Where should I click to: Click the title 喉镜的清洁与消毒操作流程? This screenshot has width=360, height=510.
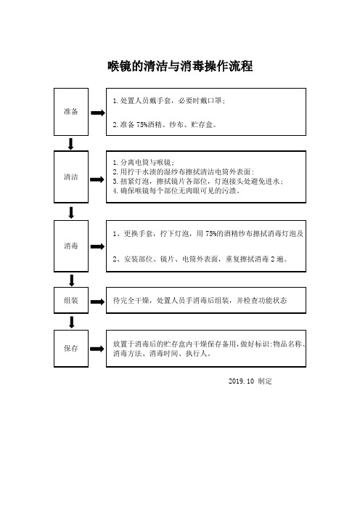[x=180, y=66]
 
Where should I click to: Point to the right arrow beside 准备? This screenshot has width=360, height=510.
[x=98, y=113]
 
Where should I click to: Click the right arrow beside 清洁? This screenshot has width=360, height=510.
[x=97, y=179]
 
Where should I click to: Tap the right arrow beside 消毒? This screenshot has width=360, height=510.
[x=97, y=246]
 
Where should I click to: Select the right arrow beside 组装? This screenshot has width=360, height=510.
[x=97, y=301]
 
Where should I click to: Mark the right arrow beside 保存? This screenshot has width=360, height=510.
[x=97, y=349]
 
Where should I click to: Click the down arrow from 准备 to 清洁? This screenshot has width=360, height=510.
[x=70, y=144]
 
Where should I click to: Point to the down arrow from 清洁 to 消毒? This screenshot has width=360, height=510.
[x=71, y=213]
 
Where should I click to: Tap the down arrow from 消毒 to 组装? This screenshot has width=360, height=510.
[x=72, y=280]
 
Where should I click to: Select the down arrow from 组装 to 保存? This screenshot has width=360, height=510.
[x=72, y=323]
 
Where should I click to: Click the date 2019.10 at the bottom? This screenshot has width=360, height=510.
[x=241, y=381]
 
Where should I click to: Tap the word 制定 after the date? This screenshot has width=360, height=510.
[x=265, y=381]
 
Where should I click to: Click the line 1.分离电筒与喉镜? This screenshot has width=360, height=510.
[x=144, y=162]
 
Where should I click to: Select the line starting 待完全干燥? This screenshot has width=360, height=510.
[x=200, y=300]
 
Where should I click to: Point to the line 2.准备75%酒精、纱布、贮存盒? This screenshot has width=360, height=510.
[x=165, y=124]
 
